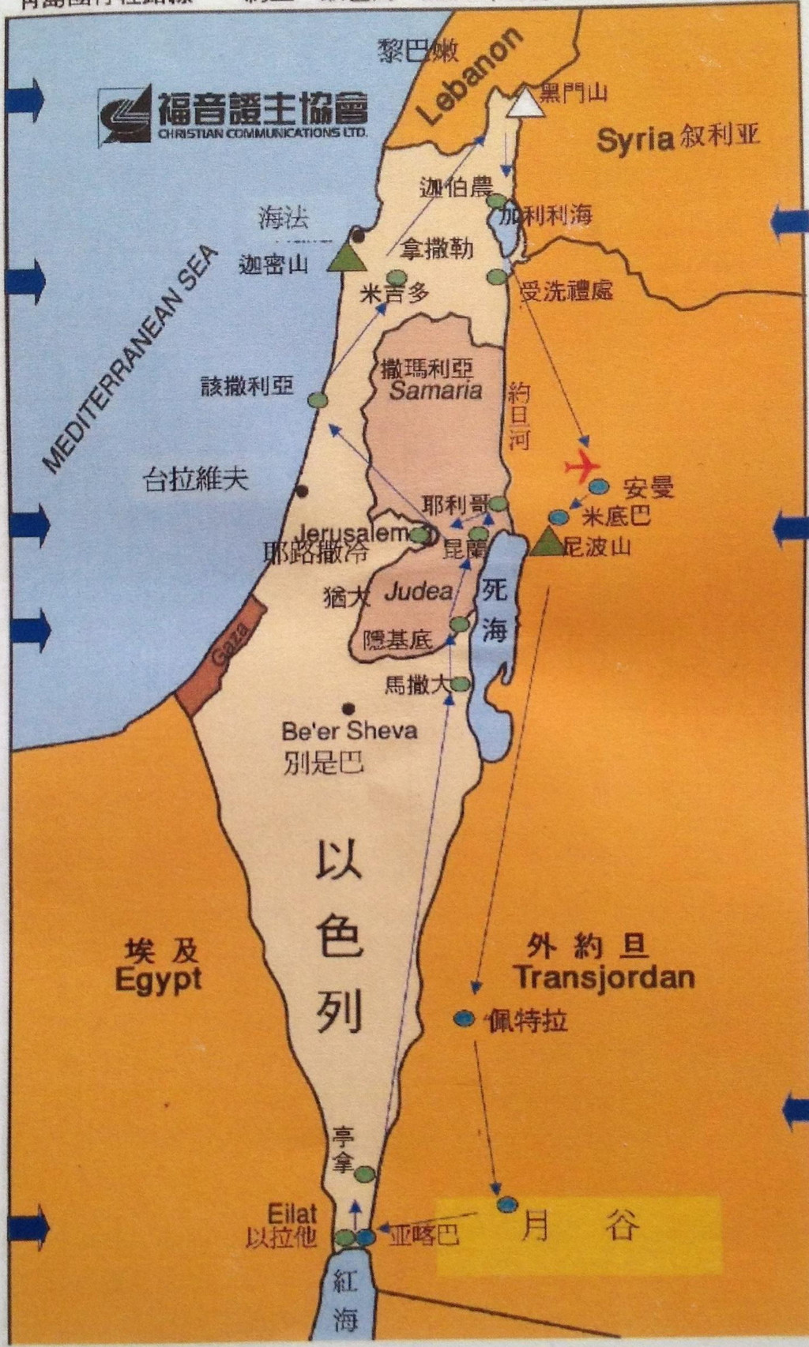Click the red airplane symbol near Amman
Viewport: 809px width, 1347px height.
(x=582, y=466)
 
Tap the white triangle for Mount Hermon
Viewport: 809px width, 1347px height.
(x=525, y=103)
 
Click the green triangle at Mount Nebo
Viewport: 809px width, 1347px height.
(x=546, y=542)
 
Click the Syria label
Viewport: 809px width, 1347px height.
(x=634, y=141)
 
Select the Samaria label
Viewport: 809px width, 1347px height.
(x=435, y=390)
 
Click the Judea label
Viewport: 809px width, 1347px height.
(x=418, y=591)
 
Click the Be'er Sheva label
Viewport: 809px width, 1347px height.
(x=348, y=730)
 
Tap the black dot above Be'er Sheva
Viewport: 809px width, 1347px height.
(x=348, y=708)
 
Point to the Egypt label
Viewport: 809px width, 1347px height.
(x=158, y=979)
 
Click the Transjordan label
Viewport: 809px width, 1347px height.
(x=604, y=977)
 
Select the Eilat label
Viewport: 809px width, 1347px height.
(x=292, y=1213)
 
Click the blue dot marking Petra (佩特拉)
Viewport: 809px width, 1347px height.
(x=464, y=1019)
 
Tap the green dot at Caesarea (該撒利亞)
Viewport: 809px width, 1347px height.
(x=318, y=400)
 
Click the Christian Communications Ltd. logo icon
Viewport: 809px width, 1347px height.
(x=126, y=116)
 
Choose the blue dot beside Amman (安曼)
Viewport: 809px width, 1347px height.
(x=599, y=486)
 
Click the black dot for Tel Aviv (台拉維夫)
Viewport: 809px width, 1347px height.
(x=301, y=490)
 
